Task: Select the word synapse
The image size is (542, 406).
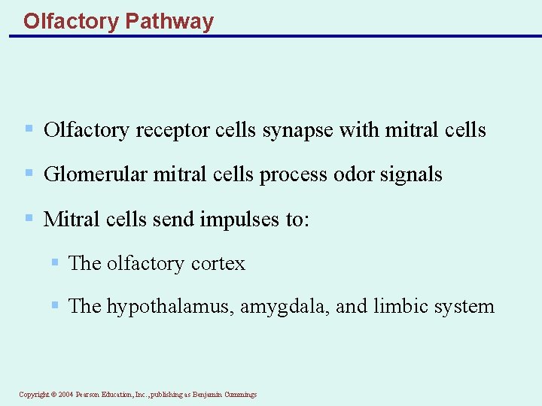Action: click(x=298, y=131)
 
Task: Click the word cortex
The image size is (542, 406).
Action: click(x=218, y=263)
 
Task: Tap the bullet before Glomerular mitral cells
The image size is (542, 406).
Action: click(x=29, y=174)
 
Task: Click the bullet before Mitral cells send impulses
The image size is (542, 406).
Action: click(x=29, y=218)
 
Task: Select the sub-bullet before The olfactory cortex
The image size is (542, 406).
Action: click(x=55, y=262)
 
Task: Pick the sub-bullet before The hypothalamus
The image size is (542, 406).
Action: click(x=55, y=305)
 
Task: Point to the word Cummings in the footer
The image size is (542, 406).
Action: click(x=240, y=395)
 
